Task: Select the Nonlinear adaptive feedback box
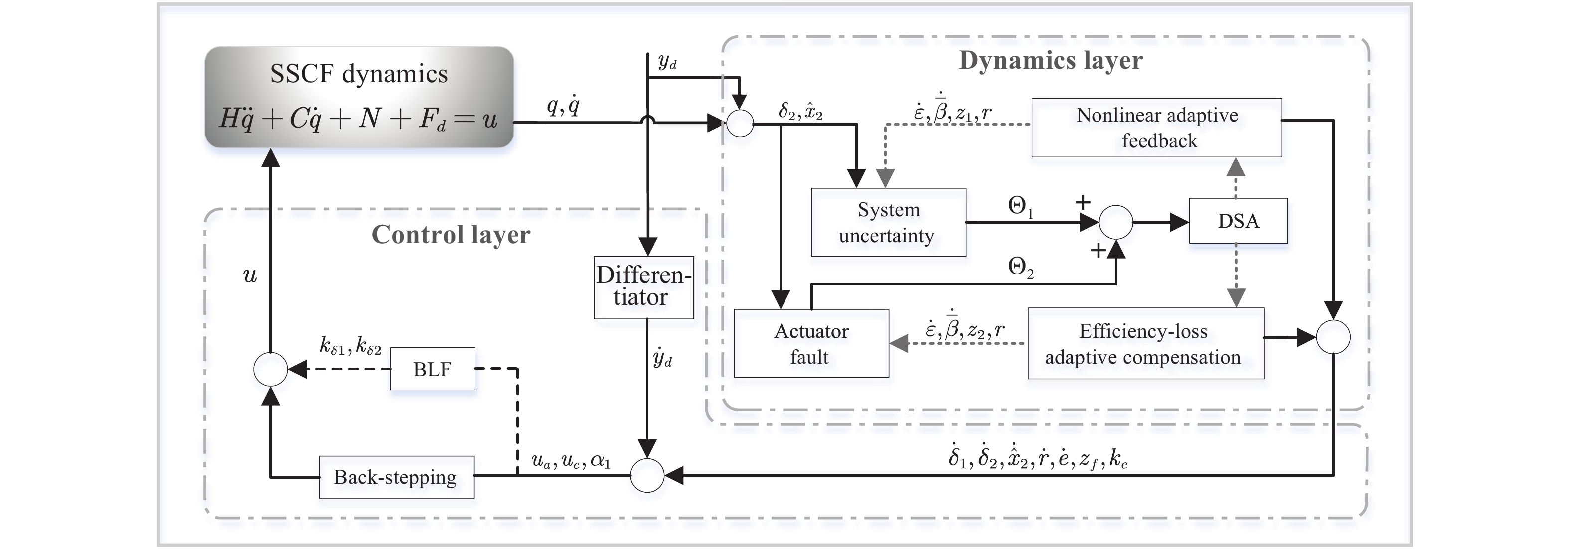[1156, 128]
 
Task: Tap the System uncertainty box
[888, 222]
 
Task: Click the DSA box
[1238, 221]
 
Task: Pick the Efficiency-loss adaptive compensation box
[1145, 344]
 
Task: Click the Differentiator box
[643, 287]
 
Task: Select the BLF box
[432, 369]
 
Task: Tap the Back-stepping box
[396, 477]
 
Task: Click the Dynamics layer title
[1050, 61]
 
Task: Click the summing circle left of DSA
[1115, 222]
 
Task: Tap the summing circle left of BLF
[270, 369]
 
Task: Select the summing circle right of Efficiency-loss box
[1333, 337]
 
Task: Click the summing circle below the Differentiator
[646, 475]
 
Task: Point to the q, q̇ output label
[563, 107]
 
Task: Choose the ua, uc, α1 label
[571, 461]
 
